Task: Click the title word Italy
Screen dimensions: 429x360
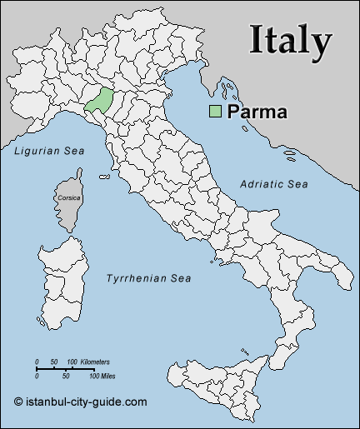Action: (x=291, y=40)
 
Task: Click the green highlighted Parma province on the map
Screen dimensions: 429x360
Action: (x=99, y=101)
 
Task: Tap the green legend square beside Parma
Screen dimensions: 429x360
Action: (x=215, y=112)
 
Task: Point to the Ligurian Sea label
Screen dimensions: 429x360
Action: (x=49, y=151)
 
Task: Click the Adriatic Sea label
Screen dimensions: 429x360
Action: (x=274, y=183)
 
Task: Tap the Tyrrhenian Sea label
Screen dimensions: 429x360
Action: (x=149, y=278)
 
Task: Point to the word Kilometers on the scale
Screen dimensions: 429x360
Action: (x=94, y=362)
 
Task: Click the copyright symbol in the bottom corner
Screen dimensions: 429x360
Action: (x=17, y=402)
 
